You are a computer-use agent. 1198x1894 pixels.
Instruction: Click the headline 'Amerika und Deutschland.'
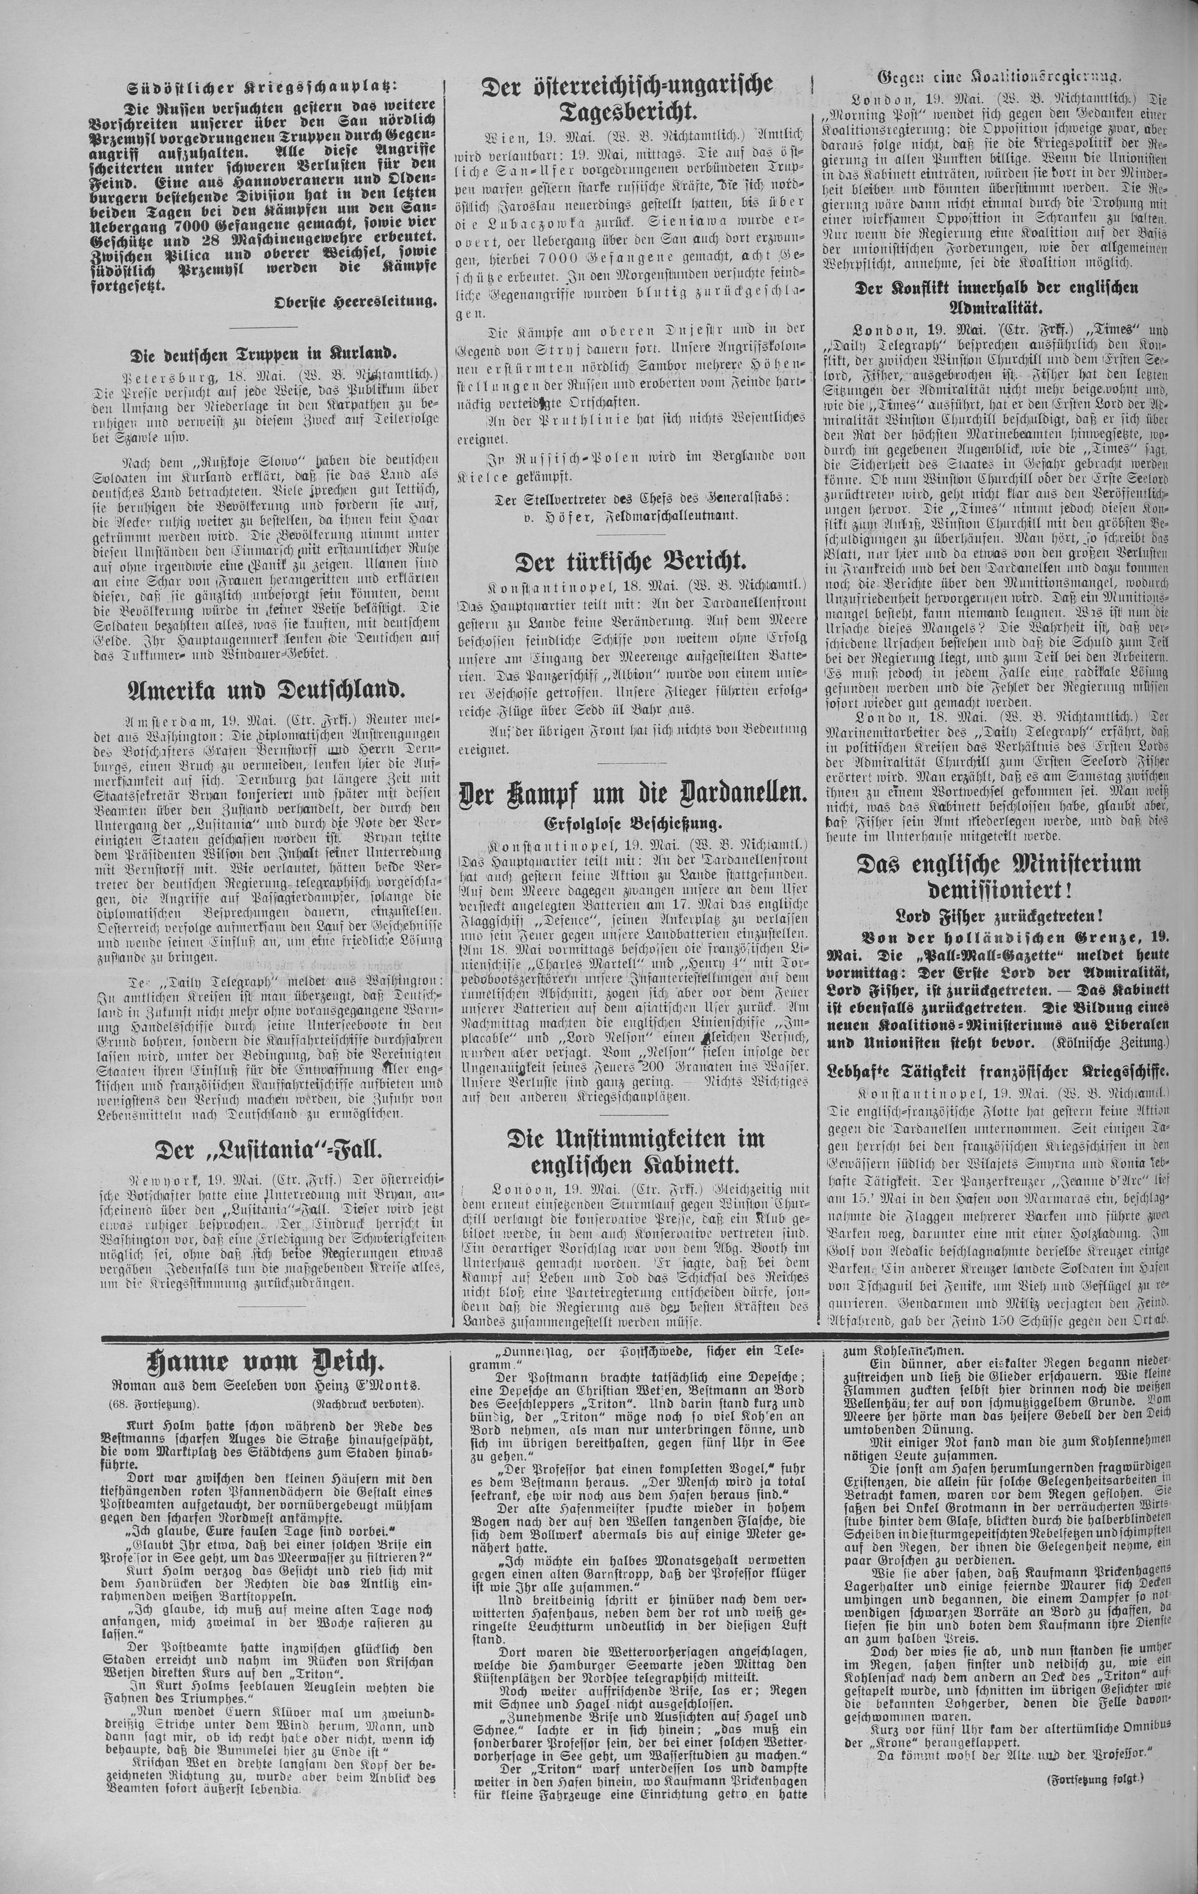click(266, 690)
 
